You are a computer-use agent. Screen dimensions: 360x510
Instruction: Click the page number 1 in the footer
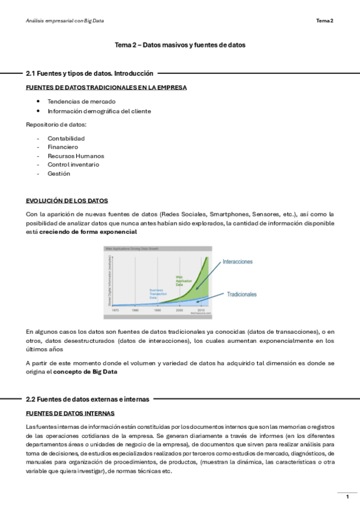click(x=347, y=496)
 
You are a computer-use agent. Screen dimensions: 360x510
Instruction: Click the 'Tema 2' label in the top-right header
click(x=325, y=20)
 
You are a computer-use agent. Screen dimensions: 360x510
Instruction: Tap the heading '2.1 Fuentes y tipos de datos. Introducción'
click(x=90, y=73)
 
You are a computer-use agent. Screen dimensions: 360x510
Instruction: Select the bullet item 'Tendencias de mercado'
click(x=82, y=101)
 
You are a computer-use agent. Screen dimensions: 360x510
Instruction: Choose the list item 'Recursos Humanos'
click(x=76, y=156)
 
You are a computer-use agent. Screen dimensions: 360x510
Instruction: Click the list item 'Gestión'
click(x=59, y=173)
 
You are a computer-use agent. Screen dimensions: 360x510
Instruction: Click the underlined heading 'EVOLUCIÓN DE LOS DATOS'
click(x=67, y=200)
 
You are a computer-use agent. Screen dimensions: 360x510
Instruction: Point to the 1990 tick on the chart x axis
click(x=157, y=309)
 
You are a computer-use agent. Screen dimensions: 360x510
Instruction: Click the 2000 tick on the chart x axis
click(x=179, y=309)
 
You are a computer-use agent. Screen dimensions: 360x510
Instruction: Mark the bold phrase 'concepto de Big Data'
click(x=85, y=372)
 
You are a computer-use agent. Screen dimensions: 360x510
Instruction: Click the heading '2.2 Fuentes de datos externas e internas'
click(x=88, y=399)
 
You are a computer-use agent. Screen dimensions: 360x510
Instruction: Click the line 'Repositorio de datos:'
click(x=56, y=124)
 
